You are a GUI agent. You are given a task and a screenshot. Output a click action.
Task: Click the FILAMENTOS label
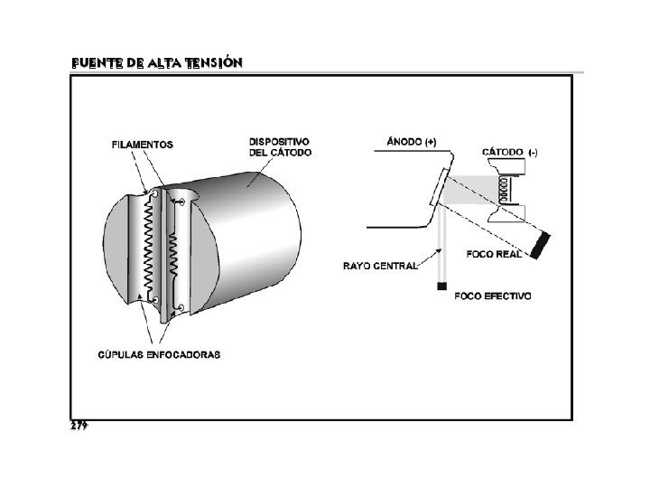click(143, 144)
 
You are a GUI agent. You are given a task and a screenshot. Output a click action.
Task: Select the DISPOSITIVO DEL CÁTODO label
click(280, 146)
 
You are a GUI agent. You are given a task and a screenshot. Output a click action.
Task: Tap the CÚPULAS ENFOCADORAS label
click(158, 354)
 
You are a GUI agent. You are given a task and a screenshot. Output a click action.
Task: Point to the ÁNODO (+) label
click(411, 142)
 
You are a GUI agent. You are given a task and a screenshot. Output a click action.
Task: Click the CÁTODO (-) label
click(511, 152)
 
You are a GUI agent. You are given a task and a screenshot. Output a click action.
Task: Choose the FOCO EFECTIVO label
click(493, 296)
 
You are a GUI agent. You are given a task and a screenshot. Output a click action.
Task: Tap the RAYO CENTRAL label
click(380, 266)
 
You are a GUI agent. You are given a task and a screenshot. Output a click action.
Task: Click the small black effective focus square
click(442, 286)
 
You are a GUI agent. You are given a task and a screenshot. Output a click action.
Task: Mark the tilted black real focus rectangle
click(543, 245)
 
